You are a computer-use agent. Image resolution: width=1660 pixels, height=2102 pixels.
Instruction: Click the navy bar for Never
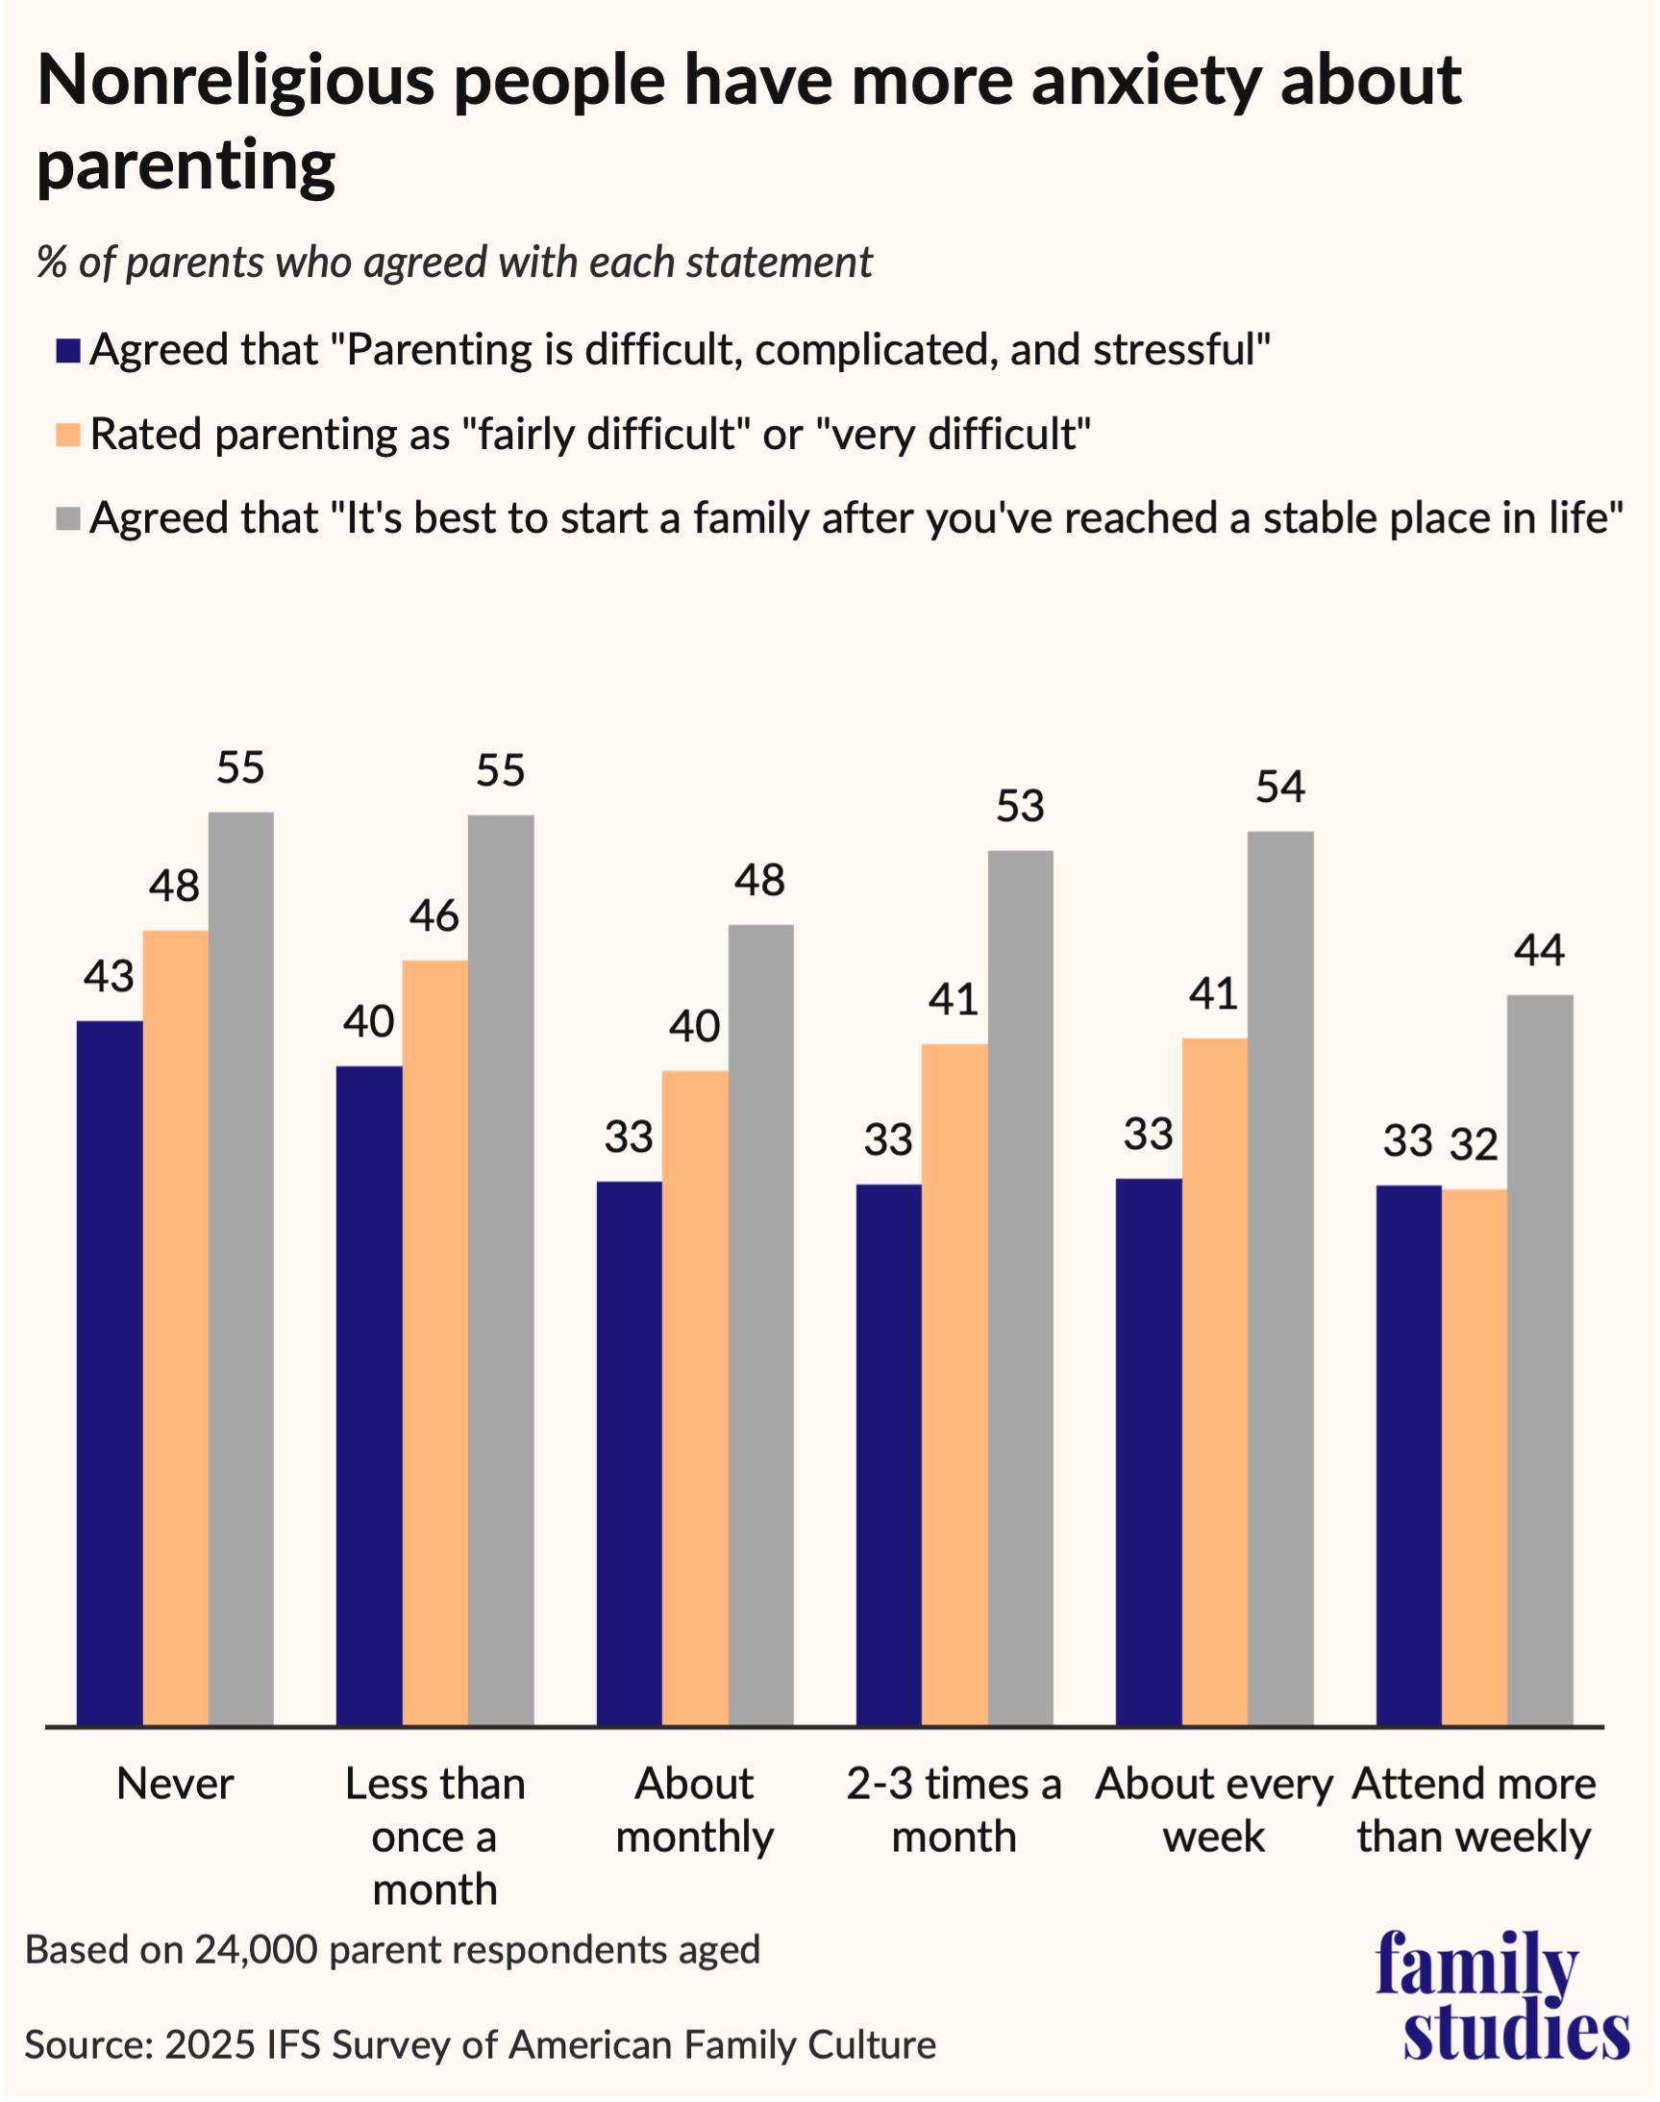coord(110,1373)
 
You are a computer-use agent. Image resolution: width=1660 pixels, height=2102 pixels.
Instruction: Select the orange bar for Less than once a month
coord(434,1342)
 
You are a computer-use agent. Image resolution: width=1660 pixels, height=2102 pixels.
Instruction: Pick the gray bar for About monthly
coord(760,1325)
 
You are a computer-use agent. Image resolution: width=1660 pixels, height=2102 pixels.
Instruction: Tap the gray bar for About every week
coord(1280,1279)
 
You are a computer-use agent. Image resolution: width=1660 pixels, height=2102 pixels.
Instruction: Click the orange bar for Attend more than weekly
coord(1474,1458)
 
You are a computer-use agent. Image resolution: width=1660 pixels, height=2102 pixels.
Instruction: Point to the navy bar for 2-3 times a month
coord(888,1455)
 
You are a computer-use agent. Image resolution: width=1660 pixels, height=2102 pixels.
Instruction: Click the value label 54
coord(1280,788)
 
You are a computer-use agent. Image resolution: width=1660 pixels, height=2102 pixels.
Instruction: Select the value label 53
coord(1020,807)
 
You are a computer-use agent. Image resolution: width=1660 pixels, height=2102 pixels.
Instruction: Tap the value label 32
coord(1474,1145)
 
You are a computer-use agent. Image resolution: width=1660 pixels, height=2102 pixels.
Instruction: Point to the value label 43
coord(109,976)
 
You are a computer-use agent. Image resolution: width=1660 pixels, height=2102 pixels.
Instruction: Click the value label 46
coord(434,915)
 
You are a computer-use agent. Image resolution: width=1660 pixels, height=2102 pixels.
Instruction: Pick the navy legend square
coord(67,351)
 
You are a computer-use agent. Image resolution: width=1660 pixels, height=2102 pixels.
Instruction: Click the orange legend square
coord(67,435)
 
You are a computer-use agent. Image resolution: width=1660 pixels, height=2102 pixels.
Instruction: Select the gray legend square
coord(67,518)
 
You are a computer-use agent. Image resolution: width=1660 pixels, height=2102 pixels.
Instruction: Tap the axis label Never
coord(175,1784)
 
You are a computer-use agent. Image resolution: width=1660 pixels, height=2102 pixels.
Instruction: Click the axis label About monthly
coord(694,1811)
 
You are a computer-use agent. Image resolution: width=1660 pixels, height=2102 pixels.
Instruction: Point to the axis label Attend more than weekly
coord(1474,1811)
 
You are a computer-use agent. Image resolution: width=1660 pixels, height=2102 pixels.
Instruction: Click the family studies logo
coord(1500,1995)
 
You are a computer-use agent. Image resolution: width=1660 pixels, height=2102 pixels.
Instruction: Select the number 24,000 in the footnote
coord(256,1950)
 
